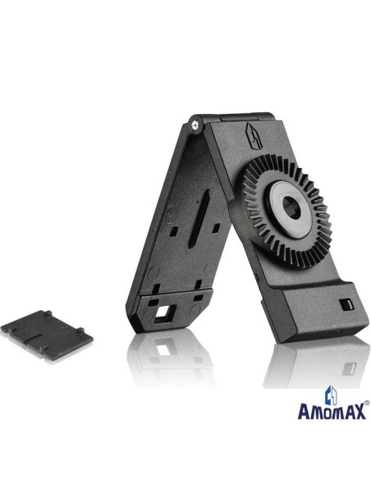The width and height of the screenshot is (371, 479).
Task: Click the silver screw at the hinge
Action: (195, 125)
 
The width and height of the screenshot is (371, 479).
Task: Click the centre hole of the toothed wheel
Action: (291, 208)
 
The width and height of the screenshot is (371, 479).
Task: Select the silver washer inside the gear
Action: (290, 209)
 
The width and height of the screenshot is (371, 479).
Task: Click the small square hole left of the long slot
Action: (173, 231)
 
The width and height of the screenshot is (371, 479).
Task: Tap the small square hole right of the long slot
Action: (216, 227)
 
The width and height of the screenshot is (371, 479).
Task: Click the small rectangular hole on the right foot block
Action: (346, 304)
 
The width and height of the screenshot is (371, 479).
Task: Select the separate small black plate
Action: (47, 335)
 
